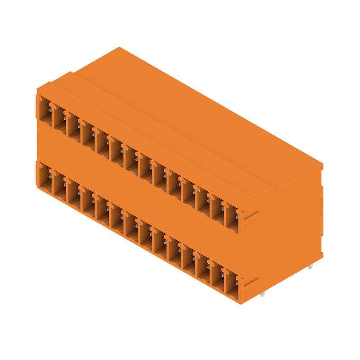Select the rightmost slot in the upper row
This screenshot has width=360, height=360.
coord(231,218)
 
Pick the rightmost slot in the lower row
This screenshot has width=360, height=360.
coord(231,284)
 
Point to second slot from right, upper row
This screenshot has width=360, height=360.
coord(217,210)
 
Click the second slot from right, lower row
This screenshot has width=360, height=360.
coord(217,276)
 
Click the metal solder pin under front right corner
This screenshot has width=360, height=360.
coord(262,294)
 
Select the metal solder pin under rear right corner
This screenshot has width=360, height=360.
coord(310,267)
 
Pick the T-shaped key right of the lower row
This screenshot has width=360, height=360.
coord(248,284)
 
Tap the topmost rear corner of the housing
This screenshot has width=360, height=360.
coord(119,47)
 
